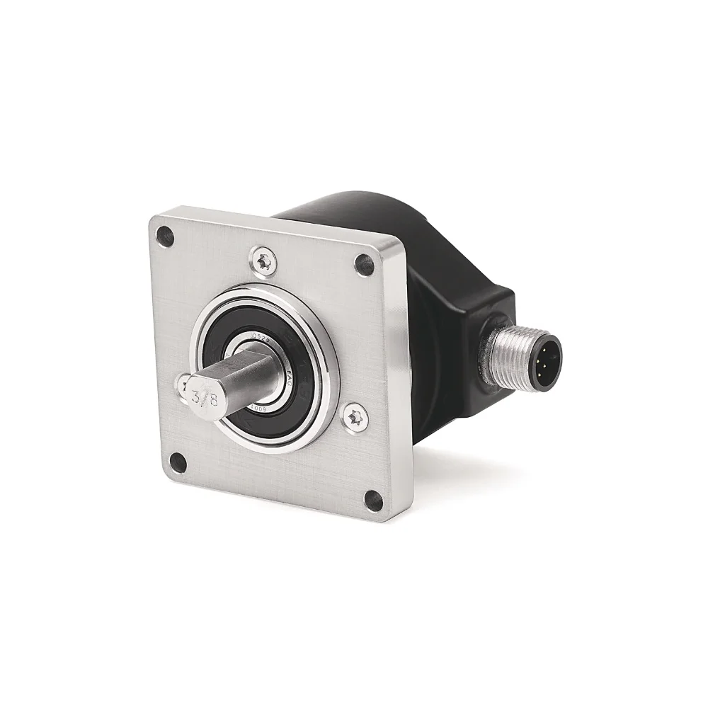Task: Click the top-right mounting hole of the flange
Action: point(364,265)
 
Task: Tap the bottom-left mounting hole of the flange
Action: point(178,464)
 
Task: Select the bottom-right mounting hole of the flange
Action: point(373,501)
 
